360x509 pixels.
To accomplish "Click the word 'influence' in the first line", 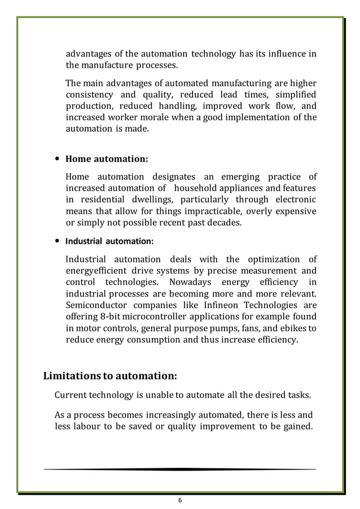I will coord(286,54).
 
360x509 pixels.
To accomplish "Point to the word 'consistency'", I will coord(89,95).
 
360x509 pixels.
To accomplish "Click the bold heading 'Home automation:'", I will coord(107,159).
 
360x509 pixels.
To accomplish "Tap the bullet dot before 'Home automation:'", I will coord(57,159).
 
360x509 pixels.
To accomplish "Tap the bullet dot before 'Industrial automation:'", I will coord(57,241).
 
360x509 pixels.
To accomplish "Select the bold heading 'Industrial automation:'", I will coord(109,241).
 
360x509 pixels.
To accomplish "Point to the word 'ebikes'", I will coord(295,328).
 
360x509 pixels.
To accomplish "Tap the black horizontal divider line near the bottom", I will coord(180,469).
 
